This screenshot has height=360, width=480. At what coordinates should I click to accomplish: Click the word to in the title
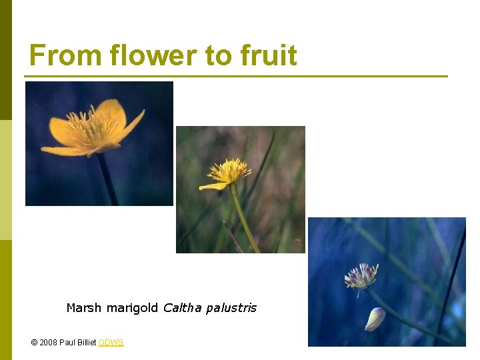[219, 56]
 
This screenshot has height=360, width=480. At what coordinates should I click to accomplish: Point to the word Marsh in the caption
[84, 308]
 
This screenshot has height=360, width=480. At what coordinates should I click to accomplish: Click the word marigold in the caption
[133, 309]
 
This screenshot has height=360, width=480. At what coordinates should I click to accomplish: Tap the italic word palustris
[231, 309]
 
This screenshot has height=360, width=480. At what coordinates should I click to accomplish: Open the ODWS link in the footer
[111, 343]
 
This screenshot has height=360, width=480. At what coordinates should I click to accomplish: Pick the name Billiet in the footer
[85, 343]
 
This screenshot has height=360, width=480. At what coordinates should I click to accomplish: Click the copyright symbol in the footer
[34, 343]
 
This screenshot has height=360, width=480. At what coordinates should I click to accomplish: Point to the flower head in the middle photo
[229, 171]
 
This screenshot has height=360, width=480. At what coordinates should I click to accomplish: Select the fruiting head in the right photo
[361, 275]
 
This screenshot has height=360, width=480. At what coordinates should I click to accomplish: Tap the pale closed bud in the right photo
[375, 319]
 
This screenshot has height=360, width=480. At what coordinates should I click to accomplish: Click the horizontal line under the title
[237, 77]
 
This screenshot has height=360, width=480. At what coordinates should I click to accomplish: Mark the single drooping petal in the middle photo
[213, 186]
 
